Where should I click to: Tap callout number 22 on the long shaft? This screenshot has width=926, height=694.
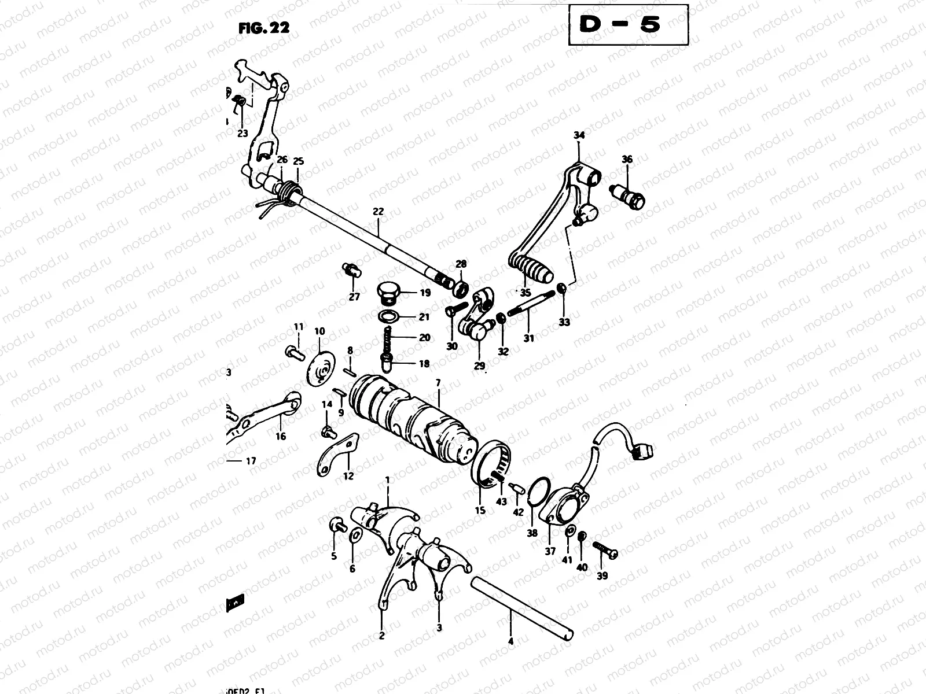378,212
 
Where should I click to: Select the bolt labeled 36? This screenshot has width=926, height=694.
629,195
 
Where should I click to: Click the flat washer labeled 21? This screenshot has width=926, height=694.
391,316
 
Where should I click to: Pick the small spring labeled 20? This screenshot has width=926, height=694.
389,338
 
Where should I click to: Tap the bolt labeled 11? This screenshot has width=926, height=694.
294,352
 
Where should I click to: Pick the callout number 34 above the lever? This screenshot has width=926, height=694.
579,136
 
